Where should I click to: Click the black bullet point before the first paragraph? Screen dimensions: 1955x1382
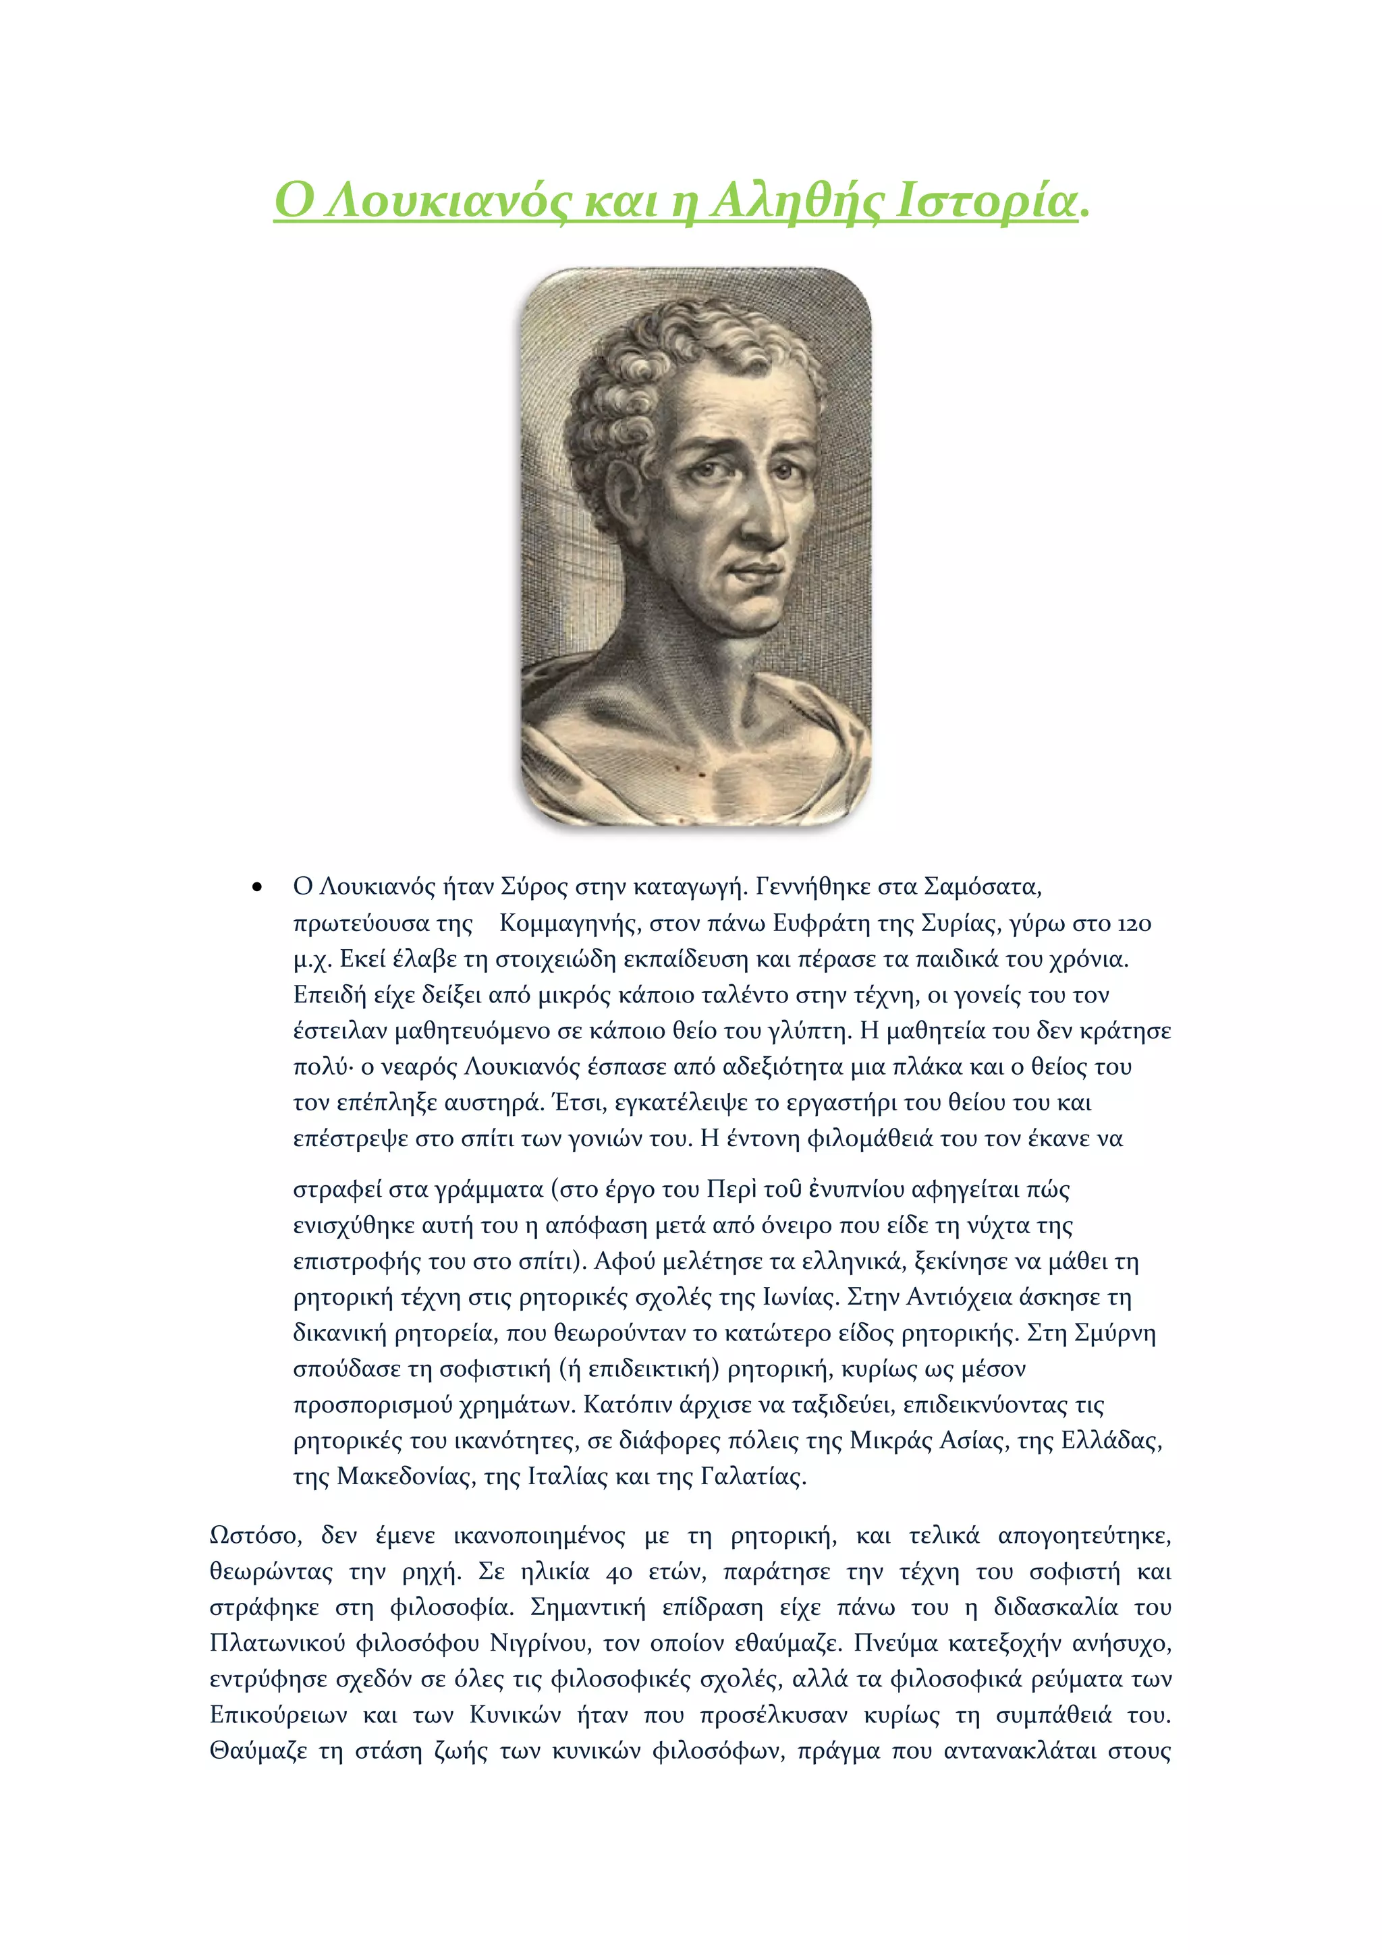[256, 888]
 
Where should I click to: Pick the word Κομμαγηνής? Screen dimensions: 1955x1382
[567, 923]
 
